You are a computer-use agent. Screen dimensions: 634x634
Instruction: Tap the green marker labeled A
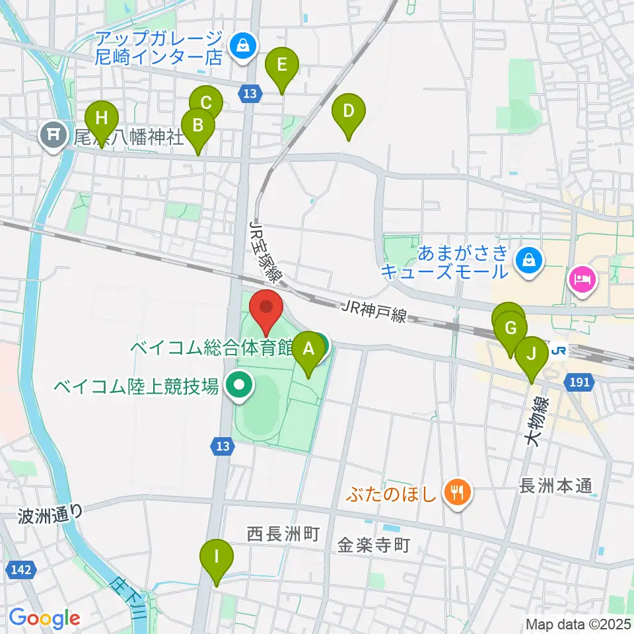tap(308, 350)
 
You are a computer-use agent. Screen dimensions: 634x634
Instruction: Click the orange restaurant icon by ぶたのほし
tap(457, 491)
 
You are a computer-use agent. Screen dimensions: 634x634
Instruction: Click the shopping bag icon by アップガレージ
tap(243, 47)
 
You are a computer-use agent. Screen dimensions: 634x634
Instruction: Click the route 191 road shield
tap(579, 382)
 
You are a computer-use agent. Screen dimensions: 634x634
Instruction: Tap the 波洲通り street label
tap(51, 512)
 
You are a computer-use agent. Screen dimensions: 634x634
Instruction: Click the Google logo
tap(44, 618)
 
